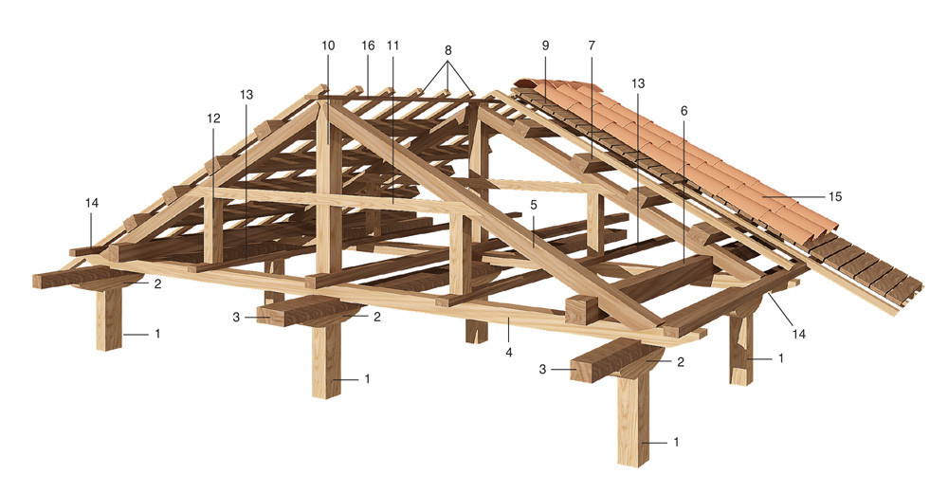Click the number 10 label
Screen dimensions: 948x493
coord(328,46)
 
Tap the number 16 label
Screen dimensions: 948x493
coord(368,46)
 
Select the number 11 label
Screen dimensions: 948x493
coord(393,46)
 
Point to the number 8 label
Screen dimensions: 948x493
coord(447,49)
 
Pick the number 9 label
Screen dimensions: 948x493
coord(545,46)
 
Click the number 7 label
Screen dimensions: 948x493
coord(592,46)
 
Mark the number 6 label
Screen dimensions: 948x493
coord(684,111)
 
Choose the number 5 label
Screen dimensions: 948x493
coord(534,205)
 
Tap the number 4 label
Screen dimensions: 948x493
coord(509,352)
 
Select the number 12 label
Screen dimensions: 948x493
coord(213,119)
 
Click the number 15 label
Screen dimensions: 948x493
coord(835,196)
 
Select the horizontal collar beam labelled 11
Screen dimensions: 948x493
coord(338,201)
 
